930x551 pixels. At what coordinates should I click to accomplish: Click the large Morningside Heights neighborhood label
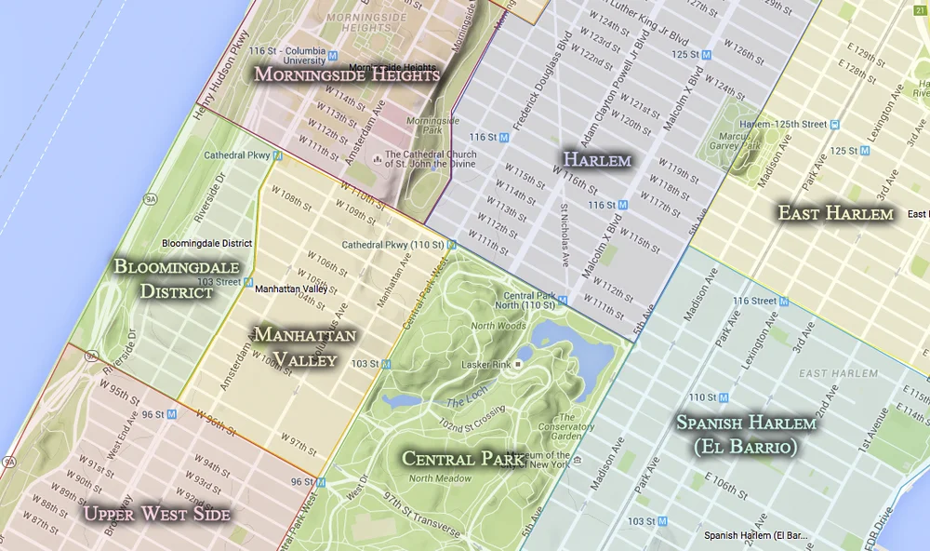coord(346,74)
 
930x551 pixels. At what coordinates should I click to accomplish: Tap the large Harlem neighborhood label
coord(596,159)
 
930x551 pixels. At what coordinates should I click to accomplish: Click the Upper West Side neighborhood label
coord(156,513)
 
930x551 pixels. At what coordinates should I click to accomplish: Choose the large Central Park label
coord(462,457)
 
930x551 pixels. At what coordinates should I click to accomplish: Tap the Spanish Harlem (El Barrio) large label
coord(748,434)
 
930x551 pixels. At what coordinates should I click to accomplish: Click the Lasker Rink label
coord(485,364)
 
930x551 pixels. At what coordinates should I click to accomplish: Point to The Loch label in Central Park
coord(466,402)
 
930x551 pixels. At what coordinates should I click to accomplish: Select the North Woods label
coord(498,326)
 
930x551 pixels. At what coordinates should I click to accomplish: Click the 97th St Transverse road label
coord(422,518)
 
